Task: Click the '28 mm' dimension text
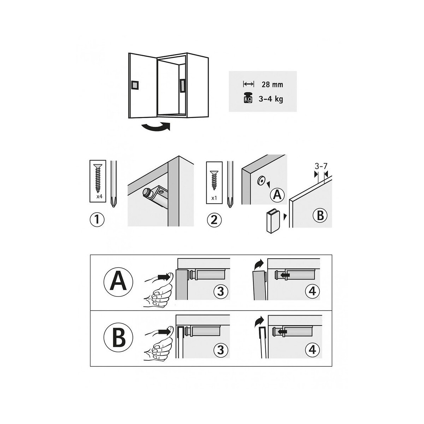(x=272, y=84)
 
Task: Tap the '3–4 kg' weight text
(x=271, y=99)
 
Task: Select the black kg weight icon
(x=248, y=98)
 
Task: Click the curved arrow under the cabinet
(x=156, y=127)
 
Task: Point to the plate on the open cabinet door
(x=135, y=85)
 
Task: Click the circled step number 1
(x=97, y=220)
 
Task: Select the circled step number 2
(x=214, y=220)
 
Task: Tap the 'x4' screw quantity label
(x=99, y=196)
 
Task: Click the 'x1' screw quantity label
(x=214, y=198)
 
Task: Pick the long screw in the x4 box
(x=98, y=178)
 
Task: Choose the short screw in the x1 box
(x=214, y=179)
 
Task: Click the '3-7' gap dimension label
(x=321, y=166)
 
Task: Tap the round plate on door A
(x=261, y=181)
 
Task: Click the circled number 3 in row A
(x=220, y=291)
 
